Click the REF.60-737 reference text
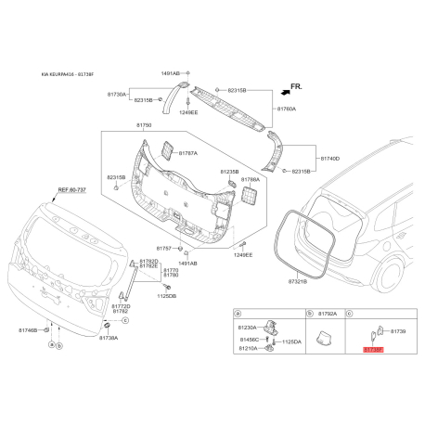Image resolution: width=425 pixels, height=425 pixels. point(71,189)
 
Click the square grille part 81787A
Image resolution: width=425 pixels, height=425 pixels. point(167,149)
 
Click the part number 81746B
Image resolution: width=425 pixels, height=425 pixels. point(28,329)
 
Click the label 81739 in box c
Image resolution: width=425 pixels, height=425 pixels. point(398,330)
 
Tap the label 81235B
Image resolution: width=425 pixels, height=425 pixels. point(229,172)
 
